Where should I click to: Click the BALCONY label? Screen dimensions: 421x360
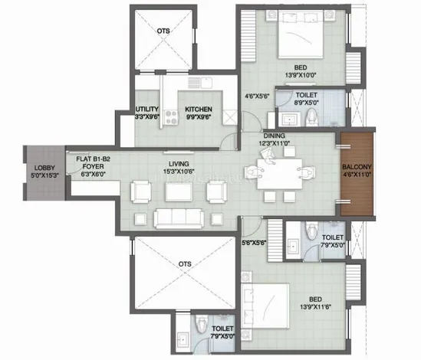pyautogui.click(x=357, y=167)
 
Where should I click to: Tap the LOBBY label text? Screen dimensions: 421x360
pyautogui.click(x=44, y=168)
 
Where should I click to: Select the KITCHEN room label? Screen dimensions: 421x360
pyautogui.click(x=199, y=110)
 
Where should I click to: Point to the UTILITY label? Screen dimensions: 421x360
pyautogui.click(x=147, y=110)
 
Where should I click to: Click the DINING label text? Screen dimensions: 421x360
pyautogui.click(x=274, y=136)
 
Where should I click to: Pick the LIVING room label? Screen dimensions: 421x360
pyautogui.click(x=179, y=164)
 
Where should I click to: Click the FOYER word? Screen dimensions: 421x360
pyautogui.click(x=93, y=166)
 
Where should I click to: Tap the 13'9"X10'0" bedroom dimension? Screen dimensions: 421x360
pyautogui.click(x=301, y=75)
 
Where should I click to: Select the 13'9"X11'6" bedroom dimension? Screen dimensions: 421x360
pyautogui.click(x=315, y=306)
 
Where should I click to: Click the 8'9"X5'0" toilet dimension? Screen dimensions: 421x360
pyautogui.click(x=307, y=102)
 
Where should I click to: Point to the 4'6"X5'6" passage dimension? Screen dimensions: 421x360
pyautogui.click(x=257, y=96)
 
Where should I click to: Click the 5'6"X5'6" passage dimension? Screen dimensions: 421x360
pyautogui.click(x=254, y=243)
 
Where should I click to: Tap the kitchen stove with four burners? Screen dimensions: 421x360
pyautogui.click(x=171, y=118)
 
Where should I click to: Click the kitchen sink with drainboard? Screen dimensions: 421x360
pyautogui.click(x=200, y=83)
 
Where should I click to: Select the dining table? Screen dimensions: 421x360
pyautogui.click(x=279, y=174)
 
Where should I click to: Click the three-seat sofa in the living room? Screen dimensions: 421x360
pyautogui.click(x=179, y=218)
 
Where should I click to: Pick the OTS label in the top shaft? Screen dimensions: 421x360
pyautogui.click(x=163, y=31)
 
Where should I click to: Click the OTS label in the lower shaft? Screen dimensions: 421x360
pyautogui.click(x=185, y=264)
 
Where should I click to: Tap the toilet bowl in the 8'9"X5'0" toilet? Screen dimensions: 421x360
pyautogui.click(x=311, y=117)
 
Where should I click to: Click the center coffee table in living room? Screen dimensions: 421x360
pyautogui.click(x=179, y=191)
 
